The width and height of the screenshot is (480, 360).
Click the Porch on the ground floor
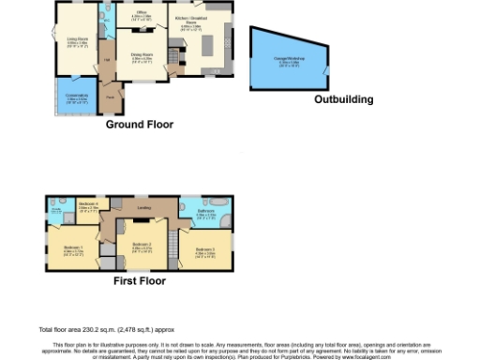[x=110, y=97]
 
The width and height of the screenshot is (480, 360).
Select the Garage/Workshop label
[x=286, y=62]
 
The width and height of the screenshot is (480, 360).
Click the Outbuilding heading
[x=343, y=99]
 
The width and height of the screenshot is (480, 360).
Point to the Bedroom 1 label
[x=73, y=249]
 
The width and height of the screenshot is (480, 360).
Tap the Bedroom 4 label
[x=88, y=206]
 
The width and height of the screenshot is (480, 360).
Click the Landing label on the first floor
[x=143, y=208]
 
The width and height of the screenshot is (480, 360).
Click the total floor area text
[x=105, y=330]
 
